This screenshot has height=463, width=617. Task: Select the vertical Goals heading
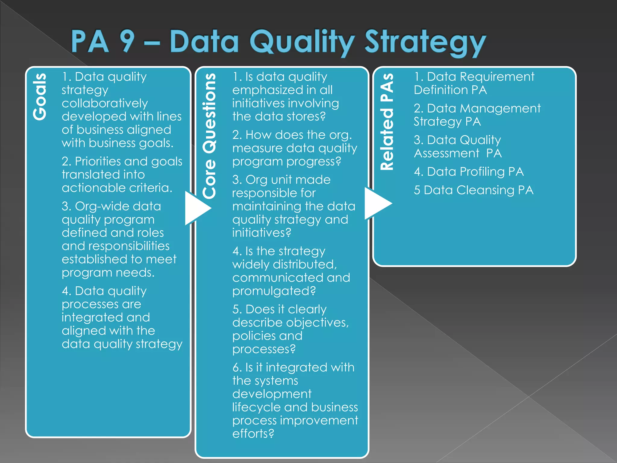[40, 96]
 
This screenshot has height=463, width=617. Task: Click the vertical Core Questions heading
[209, 136]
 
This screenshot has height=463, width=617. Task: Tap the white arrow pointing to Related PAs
[377, 203]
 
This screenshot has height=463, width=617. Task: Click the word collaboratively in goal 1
[105, 103]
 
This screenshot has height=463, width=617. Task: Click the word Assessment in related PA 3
[446, 153]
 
